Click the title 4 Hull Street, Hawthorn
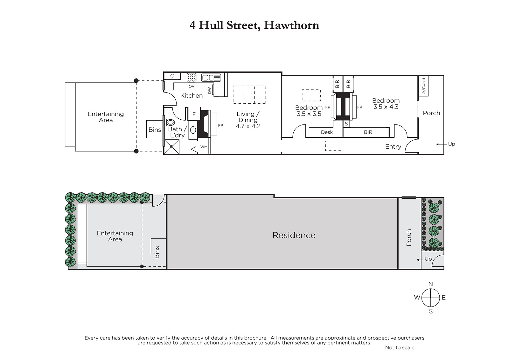click(254, 25)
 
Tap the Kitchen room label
click(191, 95)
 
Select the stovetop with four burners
click(191, 78)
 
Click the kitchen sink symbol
click(211, 78)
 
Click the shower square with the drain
click(171, 147)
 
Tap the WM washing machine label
click(204, 147)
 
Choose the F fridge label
click(194, 114)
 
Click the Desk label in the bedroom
click(327, 132)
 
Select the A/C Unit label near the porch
click(423, 86)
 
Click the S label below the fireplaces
click(346, 124)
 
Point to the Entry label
click(393, 147)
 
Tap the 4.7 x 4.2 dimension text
click(248, 126)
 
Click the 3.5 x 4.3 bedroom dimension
click(386, 107)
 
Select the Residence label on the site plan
click(294, 235)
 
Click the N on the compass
click(431, 284)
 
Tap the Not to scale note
click(400, 348)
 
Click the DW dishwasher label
click(209, 90)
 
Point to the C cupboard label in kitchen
click(172, 76)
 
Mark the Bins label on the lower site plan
click(157, 252)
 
